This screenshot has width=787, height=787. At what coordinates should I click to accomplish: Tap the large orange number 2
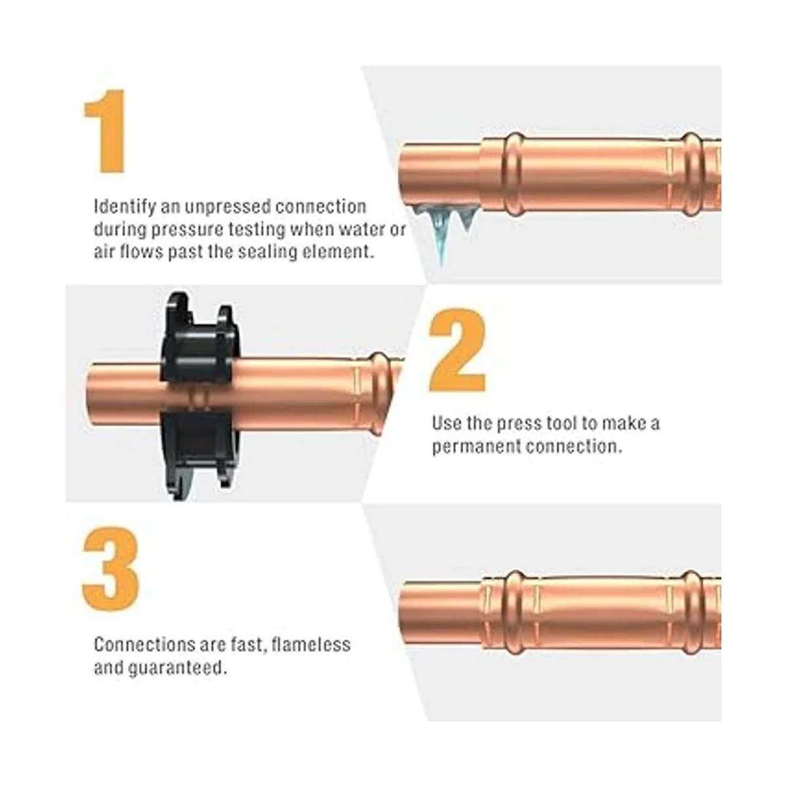point(457,350)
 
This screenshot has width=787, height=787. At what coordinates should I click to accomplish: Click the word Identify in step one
point(125,207)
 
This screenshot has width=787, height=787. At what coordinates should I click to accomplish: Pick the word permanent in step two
point(476,447)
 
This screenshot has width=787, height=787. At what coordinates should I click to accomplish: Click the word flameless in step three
point(311,645)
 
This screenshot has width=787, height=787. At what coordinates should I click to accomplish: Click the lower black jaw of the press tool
point(198,454)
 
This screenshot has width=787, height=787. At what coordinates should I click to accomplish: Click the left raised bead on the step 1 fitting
point(514,175)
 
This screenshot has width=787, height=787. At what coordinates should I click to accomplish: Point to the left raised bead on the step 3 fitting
point(514,612)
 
